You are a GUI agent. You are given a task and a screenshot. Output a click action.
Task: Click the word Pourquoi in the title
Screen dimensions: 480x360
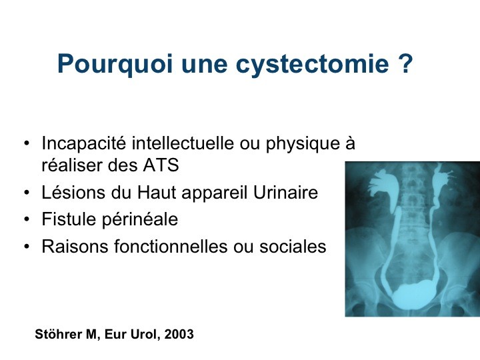(115, 64)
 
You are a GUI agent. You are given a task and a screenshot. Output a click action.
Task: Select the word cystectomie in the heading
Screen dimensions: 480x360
(312, 64)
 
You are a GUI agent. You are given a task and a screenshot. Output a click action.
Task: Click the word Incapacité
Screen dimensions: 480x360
(83, 143)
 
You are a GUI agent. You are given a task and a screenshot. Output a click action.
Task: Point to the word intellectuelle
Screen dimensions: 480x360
(183, 143)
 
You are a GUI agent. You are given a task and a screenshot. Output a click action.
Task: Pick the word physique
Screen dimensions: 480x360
(303, 144)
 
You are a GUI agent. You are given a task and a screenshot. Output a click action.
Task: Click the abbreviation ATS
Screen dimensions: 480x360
(161, 165)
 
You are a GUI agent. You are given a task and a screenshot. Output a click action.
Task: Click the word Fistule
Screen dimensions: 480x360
(69, 219)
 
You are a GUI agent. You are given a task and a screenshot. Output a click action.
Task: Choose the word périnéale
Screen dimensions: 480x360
(139, 220)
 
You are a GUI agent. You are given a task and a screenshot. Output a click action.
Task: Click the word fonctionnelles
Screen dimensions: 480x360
(171, 246)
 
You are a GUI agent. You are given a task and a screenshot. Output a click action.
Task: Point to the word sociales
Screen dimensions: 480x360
(293, 246)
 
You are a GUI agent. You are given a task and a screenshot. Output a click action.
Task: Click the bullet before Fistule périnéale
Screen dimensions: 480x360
(27, 219)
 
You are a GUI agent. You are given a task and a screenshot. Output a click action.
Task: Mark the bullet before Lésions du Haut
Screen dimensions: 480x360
(27, 193)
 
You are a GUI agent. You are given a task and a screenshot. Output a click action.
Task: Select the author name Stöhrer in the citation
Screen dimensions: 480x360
(58, 334)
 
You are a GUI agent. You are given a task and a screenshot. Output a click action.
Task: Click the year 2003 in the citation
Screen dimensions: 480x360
(179, 334)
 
